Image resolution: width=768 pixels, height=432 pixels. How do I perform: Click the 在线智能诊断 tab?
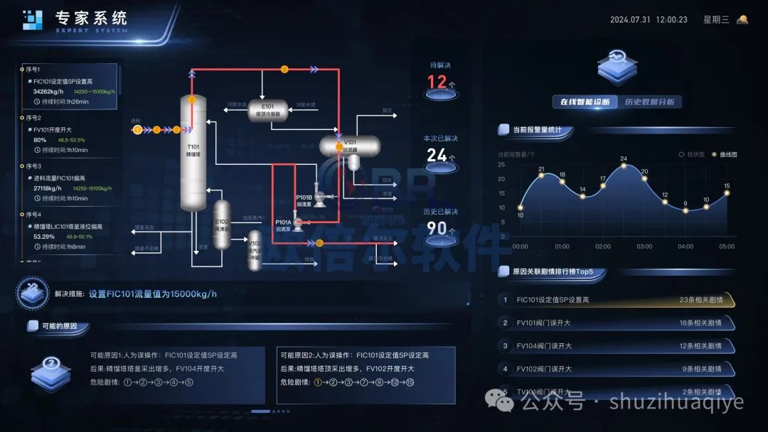pos(585,102)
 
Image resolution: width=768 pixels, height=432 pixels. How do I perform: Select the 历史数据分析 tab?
pos(649,102)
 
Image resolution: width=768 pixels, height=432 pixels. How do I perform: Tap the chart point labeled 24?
pos(624,166)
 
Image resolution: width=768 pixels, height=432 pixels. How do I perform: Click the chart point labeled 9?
pos(686,211)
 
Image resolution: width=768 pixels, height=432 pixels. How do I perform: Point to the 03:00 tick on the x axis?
pos(644,247)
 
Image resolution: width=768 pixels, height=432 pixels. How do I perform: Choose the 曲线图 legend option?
pos(725,153)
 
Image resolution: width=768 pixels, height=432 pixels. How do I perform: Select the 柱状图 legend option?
pos(693,153)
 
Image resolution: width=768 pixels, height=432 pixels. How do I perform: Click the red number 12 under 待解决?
pos(437,81)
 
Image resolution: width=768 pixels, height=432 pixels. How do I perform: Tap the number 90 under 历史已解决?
pos(437,228)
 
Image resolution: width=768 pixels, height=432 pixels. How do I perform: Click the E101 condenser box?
pos(268,109)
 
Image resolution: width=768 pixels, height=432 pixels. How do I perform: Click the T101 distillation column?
pos(192,153)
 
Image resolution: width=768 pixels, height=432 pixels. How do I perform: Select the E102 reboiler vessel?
pos(223,224)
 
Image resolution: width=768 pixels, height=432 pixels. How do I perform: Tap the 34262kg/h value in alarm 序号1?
pos(48,92)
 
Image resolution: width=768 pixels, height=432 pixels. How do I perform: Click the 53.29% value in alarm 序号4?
pos(44,236)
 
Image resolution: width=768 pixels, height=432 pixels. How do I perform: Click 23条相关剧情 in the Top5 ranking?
pos(700,300)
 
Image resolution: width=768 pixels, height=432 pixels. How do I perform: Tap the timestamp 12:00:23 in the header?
pos(671,20)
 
